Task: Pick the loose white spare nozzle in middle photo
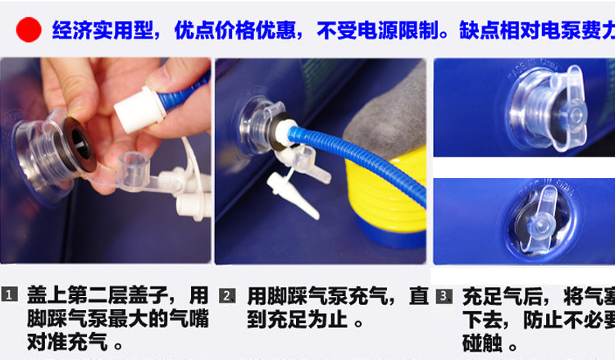(291, 197)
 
